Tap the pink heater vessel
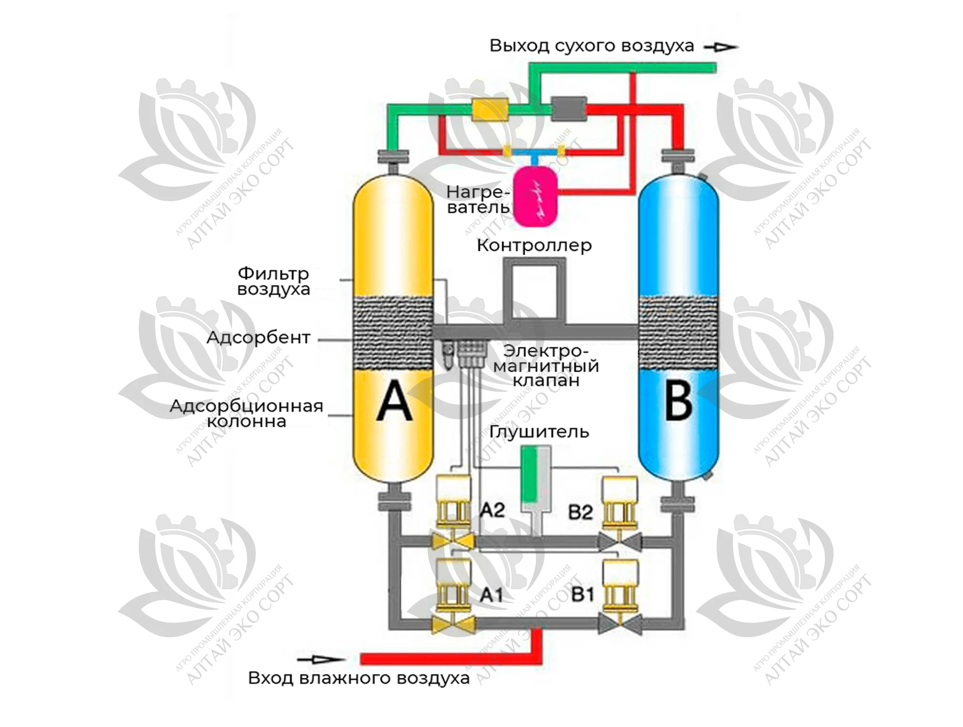535,196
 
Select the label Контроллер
534,245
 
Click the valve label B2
580,512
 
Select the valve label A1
491,595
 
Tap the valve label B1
582,595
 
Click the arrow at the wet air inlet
320,659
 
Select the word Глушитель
539,432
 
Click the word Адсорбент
258,337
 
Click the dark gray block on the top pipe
568,109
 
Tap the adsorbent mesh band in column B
678,333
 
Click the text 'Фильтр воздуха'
273,281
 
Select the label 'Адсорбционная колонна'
246,413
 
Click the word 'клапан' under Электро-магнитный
546,380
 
